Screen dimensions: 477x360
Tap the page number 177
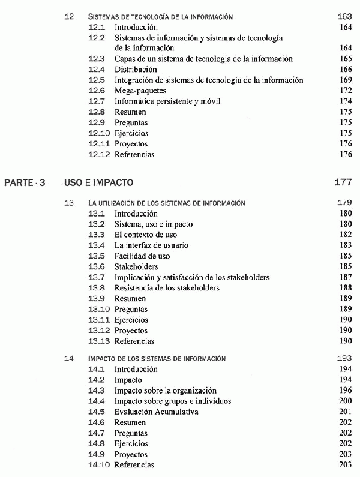point(342,182)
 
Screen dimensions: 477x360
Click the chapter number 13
point(69,203)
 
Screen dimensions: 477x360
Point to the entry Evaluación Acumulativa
point(156,412)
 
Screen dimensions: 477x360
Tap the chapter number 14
point(69,358)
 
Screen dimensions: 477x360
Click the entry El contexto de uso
point(146,235)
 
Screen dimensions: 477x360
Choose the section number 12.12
point(99,154)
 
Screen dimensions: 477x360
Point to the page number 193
point(344,358)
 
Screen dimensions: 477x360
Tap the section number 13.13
point(99,341)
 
